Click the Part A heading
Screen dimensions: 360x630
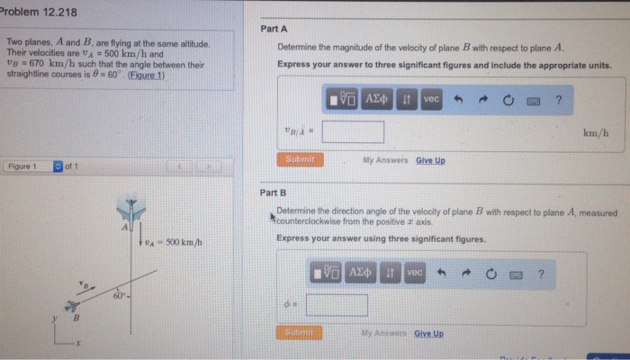pos(273,29)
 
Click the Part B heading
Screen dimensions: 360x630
pos(273,193)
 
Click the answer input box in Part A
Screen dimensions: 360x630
pos(353,132)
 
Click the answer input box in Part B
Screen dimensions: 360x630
pos(337,305)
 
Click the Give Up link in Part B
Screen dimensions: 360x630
pos(428,333)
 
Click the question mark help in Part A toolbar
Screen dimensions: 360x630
pos(558,100)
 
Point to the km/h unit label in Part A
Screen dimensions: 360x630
pos(596,133)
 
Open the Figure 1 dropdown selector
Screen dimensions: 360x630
pos(58,166)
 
